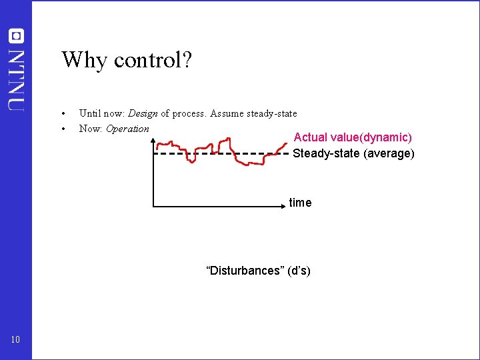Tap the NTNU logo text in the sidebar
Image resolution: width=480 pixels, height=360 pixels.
click(16, 79)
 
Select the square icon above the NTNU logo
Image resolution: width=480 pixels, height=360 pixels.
click(16, 36)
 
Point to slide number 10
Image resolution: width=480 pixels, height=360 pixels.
click(16, 340)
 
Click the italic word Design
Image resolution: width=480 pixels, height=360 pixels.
click(143, 113)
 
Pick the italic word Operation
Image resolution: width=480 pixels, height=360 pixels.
click(127, 129)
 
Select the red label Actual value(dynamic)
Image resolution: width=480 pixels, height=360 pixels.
click(353, 137)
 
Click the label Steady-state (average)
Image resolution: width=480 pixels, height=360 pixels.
click(353, 153)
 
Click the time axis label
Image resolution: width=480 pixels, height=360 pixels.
click(300, 203)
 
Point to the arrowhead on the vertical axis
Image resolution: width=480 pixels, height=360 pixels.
click(154, 141)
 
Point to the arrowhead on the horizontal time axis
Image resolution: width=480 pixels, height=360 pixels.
click(283, 208)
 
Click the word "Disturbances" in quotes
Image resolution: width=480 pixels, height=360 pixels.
click(244, 271)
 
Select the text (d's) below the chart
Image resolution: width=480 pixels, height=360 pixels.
click(297, 271)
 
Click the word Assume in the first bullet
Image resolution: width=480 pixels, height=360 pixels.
click(227, 113)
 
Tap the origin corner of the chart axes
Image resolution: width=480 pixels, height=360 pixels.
click(154, 208)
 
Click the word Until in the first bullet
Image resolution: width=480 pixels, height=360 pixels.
click(89, 113)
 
